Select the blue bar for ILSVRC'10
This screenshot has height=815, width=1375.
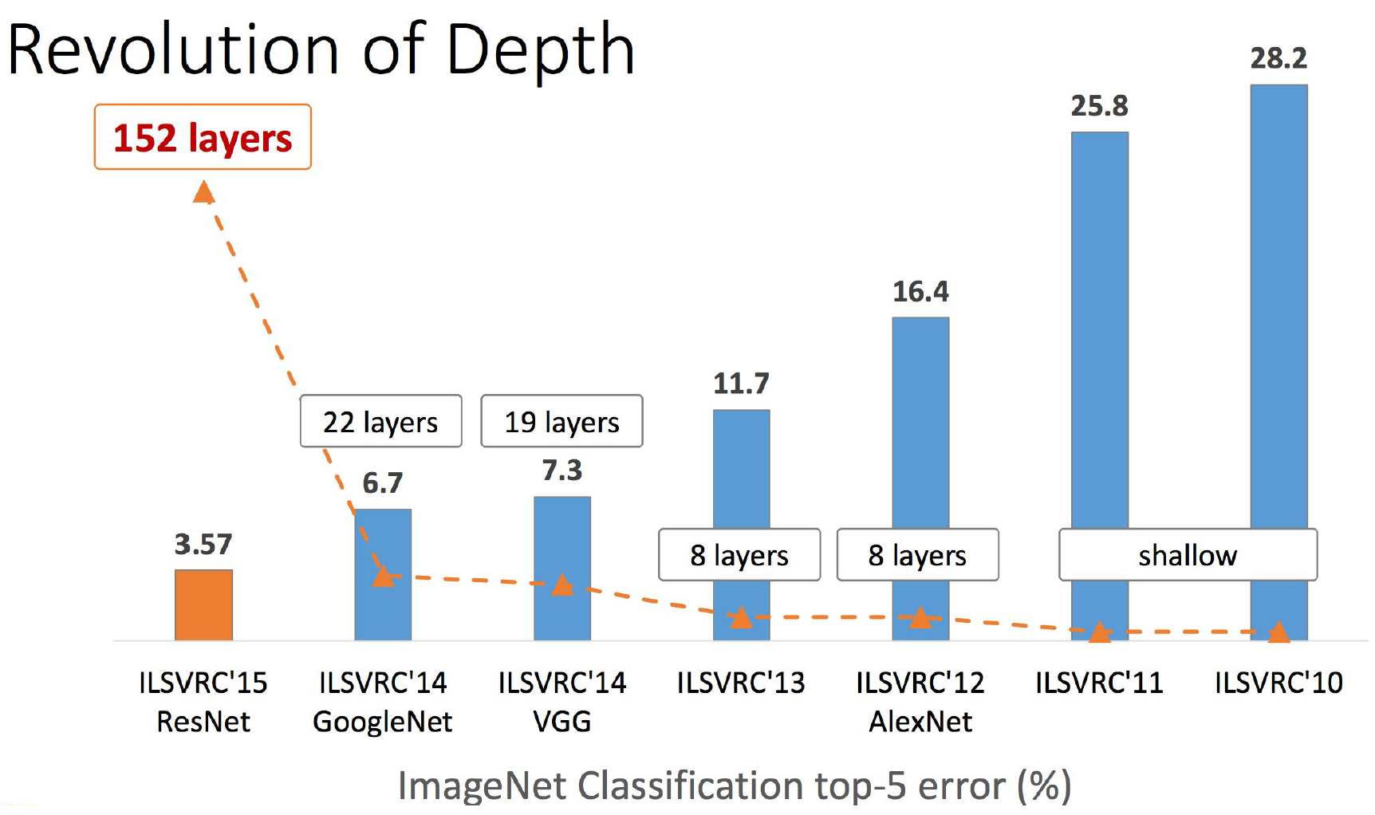1278,319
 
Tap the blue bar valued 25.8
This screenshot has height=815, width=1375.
1099,335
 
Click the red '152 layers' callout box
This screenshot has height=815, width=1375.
203,137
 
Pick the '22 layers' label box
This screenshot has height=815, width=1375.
380,421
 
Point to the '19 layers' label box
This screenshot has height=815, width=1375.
561,421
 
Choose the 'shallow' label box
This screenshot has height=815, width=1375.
1187,555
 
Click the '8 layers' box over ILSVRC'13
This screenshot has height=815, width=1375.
739,555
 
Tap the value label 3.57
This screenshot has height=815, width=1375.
203,545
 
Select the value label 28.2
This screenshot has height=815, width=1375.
1278,58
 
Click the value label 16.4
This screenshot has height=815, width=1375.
920,292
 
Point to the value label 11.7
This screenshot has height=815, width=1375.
741,384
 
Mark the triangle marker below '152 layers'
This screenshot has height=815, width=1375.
203,192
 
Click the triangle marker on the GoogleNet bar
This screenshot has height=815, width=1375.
383,576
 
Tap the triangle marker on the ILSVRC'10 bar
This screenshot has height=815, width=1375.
1278,632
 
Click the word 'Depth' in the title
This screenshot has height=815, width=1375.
540,49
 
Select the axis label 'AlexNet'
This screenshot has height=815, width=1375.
920,722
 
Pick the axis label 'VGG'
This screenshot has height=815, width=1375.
561,722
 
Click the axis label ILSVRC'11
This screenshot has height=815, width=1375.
1099,683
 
